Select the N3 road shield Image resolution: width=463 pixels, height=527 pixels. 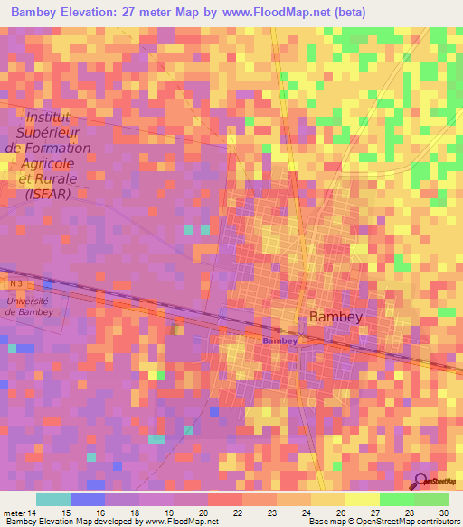(10, 283)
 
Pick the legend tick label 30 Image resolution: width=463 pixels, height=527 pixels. (441, 513)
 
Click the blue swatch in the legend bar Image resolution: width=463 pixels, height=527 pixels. (87, 499)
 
